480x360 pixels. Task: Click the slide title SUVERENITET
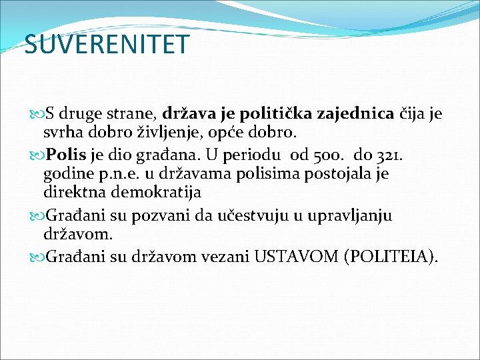click(x=107, y=45)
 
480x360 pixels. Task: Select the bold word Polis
click(x=67, y=155)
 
